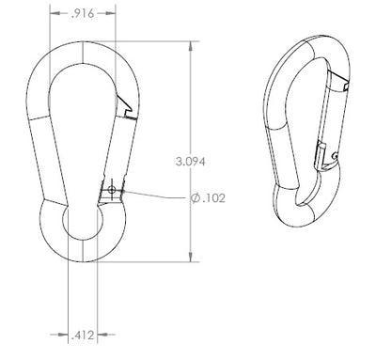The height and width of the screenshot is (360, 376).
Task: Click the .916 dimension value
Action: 83,13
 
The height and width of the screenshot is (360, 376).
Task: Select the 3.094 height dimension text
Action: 191,162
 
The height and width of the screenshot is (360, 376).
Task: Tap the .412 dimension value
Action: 83,336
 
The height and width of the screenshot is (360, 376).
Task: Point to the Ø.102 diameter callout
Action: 208,198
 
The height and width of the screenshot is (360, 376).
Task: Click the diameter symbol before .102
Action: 196,198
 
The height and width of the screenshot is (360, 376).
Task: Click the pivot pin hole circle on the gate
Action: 111,189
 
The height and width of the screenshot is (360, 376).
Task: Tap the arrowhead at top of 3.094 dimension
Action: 190,46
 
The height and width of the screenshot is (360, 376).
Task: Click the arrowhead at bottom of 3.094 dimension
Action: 190,258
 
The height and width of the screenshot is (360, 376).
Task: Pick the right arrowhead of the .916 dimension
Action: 111,13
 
